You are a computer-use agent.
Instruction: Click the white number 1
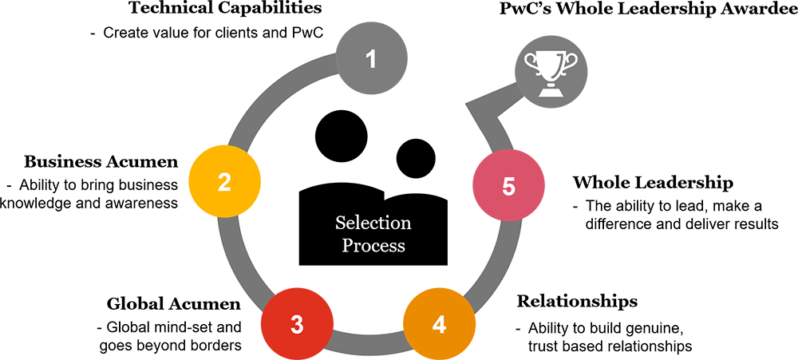pos(370,59)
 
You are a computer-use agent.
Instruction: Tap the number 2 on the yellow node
pos(224,183)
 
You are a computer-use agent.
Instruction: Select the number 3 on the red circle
pos(297,325)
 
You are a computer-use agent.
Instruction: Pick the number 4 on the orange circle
pos(439,325)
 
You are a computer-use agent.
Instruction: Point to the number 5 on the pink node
pos(509,187)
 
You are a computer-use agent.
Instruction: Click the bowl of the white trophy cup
pos(550,63)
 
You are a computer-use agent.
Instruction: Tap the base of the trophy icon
pos(550,92)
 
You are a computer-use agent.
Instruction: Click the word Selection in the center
pos(373,223)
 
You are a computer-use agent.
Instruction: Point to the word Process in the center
pos(373,246)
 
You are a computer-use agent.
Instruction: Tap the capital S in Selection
pos(340,223)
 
